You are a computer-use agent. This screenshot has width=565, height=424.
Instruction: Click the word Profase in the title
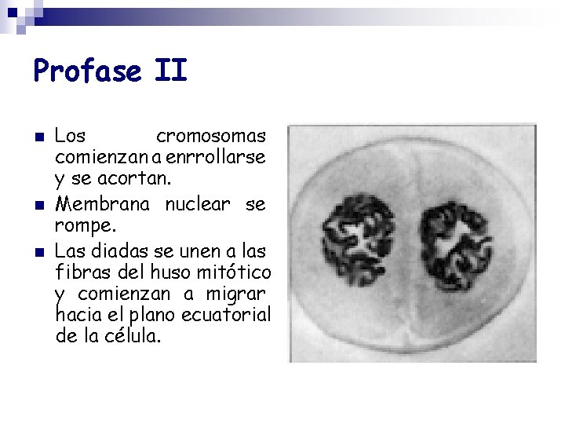(86, 72)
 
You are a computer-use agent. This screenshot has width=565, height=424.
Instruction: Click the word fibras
(83, 272)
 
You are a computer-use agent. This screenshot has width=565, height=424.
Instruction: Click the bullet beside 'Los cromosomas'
(39, 137)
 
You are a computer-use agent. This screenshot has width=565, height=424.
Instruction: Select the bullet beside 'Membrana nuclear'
(39, 206)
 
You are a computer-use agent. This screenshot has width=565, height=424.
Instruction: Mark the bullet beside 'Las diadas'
(39, 252)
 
